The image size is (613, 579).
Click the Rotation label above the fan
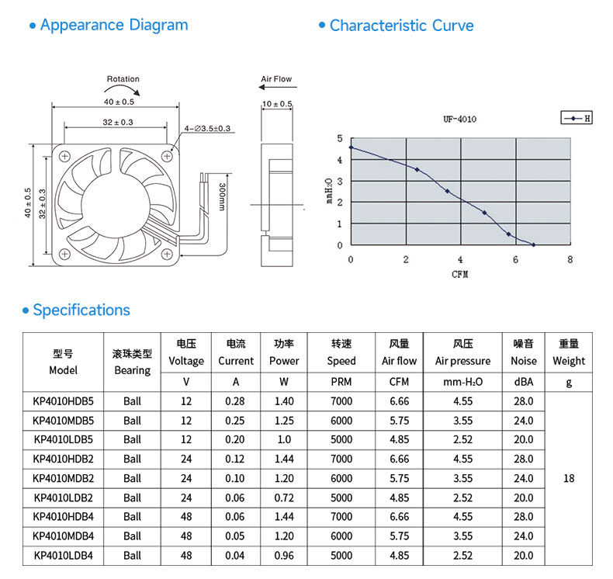(x=123, y=79)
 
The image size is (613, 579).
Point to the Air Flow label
(x=276, y=79)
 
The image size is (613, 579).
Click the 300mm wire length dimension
(x=222, y=197)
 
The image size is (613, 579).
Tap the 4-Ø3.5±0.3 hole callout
(x=208, y=128)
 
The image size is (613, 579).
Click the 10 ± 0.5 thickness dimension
(x=277, y=104)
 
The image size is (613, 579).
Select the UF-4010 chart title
(x=459, y=120)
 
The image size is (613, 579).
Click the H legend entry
(x=577, y=118)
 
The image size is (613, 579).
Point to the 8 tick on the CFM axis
(x=570, y=259)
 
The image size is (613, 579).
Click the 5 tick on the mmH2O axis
(x=340, y=138)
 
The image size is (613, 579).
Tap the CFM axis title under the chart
(x=459, y=275)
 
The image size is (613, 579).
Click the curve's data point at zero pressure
(x=534, y=244)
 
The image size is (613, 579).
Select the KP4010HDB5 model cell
(x=64, y=401)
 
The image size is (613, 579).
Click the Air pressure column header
(x=463, y=361)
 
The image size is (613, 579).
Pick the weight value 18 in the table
(x=569, y=478)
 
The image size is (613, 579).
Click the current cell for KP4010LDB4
(x=235, y=556)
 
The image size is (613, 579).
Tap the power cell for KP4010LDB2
(x=284, y=498)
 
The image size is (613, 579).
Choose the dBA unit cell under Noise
(x=524, y=382)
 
